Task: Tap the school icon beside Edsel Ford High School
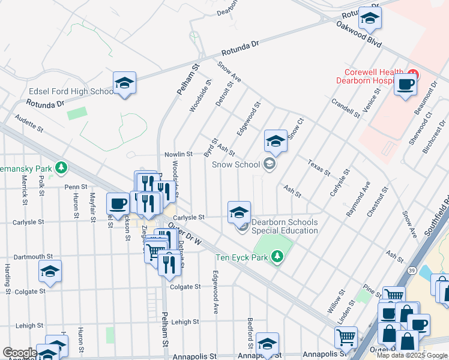tap(124, 83)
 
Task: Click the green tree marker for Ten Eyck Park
tap(277, 257)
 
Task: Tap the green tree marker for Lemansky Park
tap(61, 167)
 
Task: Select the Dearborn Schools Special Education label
tap(285, 226)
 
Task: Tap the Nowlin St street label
tap(178, 154)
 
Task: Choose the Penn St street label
tap(76, 187)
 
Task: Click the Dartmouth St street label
tap(33, 256)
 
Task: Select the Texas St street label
tap(319, 167)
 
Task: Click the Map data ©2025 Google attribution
tap(412, 355)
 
